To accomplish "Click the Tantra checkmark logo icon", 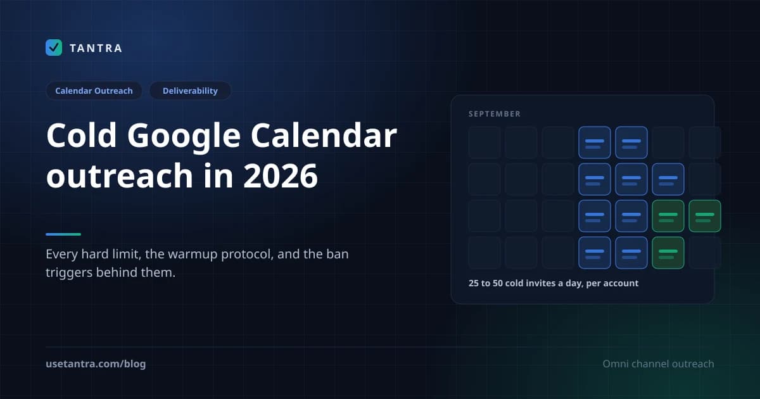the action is coord(54,47).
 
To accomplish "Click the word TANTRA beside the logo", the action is coord(96,48).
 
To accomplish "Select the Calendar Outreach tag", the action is coord(94,91).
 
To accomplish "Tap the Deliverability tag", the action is coord(190,91).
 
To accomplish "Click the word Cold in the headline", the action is coord(82,136).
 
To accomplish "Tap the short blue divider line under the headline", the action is coord(63,234).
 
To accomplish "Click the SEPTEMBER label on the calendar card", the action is coord(495,114).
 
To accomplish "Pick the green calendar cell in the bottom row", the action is coord(668,253).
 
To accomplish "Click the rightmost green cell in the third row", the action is coord(705,216).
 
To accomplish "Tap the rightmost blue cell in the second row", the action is coord(668,179).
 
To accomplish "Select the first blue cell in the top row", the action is coord(595,142).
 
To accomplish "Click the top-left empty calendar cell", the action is coord(484,142).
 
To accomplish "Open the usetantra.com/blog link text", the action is coord(96,364).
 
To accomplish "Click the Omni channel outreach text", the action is coord(658,364).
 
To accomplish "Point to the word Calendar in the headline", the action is coord(324,136).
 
